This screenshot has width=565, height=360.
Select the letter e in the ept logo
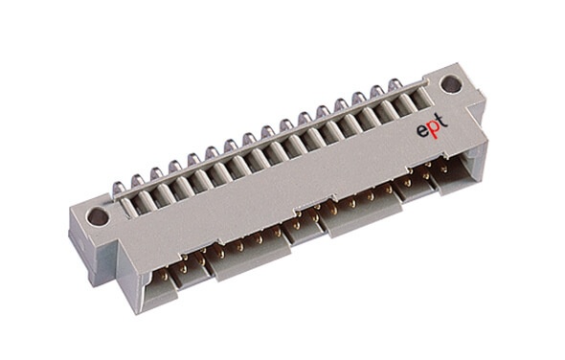pyautogui.click(x=420, y=131)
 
